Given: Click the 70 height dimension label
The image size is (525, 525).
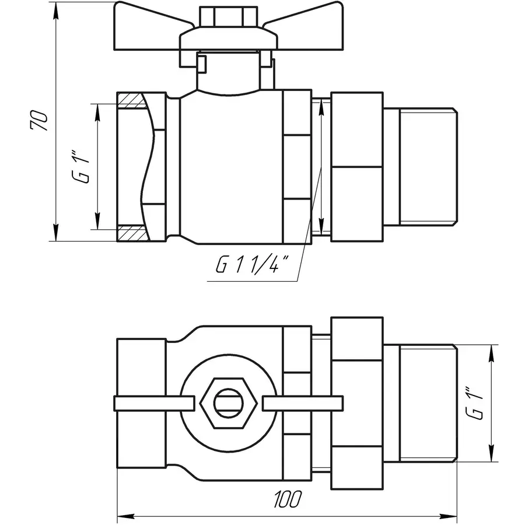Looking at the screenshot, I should click(x=40, y=120).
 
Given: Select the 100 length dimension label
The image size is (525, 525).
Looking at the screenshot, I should click(x=287, y=500).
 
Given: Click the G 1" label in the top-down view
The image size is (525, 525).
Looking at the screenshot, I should click(x=476, y=403).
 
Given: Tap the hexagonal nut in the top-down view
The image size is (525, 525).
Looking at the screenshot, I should click(x=227, y=402).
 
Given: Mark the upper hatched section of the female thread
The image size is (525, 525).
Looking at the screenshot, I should click(x=132, y=101).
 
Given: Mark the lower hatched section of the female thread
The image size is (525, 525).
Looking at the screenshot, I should click(x=132, y=233).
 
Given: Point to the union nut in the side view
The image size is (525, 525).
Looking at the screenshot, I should click(x=356, y=166).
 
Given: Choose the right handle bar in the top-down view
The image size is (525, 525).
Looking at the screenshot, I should click(x=302, y=402).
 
